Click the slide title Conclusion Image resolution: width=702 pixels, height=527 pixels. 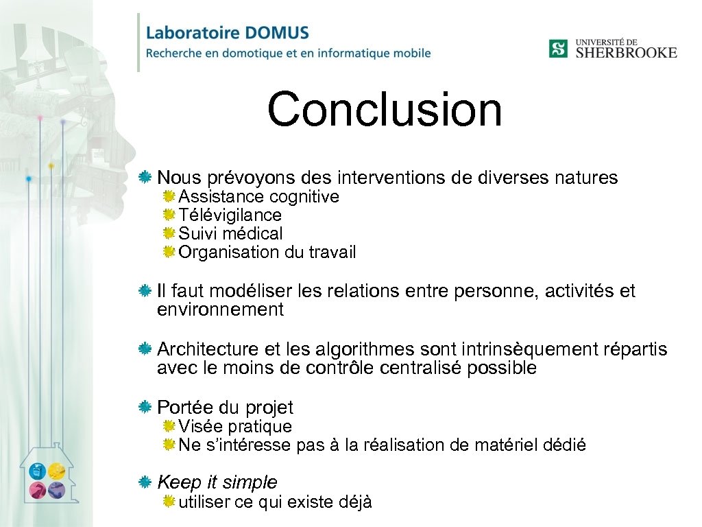pyautogui.click(x=385, y=110)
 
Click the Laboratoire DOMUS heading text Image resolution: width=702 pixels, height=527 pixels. pyautogui.click(x=228, y=33)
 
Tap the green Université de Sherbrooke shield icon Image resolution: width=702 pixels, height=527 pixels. pyautogui.click(x=558, y=49)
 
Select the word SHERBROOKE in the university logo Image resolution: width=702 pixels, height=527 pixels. pyautogui.click(x=626, y=53)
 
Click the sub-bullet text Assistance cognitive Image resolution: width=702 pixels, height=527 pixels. pyautogui.click(x=258, y=197)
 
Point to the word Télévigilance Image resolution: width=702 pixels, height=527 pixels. pyautogui.click(x=230, y=215)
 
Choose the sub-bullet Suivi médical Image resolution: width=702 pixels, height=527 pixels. pyautogui.click(x=230, y=234)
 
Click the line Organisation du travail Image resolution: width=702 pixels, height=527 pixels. pyautogui.click(x=267, y=253)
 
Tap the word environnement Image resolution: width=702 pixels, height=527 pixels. pyautogui.click(x=220, y=310)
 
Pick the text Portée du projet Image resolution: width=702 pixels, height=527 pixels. pyautogui.click(x=225, y=408)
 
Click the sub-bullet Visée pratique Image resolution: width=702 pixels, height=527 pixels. pyautogui.click(x=235, y=427)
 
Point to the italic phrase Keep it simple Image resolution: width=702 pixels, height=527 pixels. pyautogui.click(x=217, y=482)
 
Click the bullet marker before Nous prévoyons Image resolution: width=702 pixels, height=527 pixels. pyautogui.click(x=145, y=178)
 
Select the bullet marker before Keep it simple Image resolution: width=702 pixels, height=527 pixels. pyautogui.click(x=145, y=482)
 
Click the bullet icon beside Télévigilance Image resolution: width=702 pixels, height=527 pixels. pyautogui.click(x=169, y=215)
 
